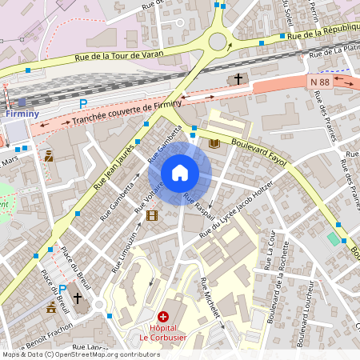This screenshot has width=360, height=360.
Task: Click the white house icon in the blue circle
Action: tap(180, 173)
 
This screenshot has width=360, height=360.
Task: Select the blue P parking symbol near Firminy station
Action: tap(82, 104)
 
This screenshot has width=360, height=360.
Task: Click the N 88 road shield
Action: tap(319, 82)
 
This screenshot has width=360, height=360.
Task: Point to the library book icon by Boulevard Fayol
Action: tap(214, 143)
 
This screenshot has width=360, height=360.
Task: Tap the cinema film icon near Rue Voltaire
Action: tap(152, 214)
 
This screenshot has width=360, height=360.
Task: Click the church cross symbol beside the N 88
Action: tap(238, 79)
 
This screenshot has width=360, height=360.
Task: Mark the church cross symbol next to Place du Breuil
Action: tap(78, 299)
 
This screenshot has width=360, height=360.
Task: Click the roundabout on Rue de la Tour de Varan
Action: tap(217, 41)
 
